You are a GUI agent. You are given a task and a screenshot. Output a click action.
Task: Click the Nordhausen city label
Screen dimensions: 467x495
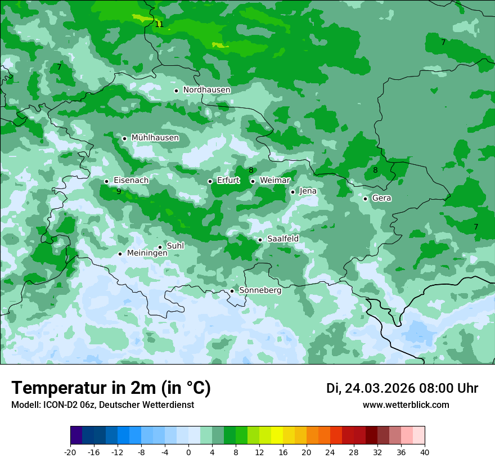pyautogui.click(x=206, y=90)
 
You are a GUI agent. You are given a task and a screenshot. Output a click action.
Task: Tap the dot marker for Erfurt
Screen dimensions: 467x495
pyautogui.click(x=210, y=181)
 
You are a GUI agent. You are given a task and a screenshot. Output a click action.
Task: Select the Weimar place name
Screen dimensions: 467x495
pyautogui.click(x=274, y=181)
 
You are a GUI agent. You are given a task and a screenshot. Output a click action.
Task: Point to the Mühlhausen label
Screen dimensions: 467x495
pyautogui.click(x=155, y=138)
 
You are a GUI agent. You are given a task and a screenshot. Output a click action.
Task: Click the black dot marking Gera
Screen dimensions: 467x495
pyautogui.click(x=365, y=199)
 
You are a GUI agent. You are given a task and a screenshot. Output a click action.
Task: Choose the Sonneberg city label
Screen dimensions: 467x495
pyautogui.click(x=260, y=290)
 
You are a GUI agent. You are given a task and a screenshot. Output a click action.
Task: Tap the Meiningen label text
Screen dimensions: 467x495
pyautogui.click(x=147, y=253)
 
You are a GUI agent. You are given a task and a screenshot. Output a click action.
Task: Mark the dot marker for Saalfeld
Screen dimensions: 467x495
pyautogui.click(x=260, y=240)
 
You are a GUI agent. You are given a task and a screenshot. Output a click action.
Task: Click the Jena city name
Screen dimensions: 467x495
pyautogui.click(x=308, y=191)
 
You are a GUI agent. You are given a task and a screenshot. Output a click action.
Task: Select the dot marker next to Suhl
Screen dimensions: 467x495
pyautogui.click(x=160, y=247)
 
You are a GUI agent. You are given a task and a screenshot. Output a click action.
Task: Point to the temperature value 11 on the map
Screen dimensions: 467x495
pyautogui.click(x=159, y=24)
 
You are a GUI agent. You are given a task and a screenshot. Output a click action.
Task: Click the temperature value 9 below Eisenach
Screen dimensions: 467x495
pyautogui.click(x=119, y=191)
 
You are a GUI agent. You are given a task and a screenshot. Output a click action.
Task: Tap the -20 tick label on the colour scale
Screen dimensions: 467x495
pyautogui.click(x=70, y=452)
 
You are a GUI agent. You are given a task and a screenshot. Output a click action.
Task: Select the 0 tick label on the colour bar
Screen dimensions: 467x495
pyautogui.click(x=188, y=452)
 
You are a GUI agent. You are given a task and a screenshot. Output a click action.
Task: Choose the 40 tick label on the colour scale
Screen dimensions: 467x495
pyautogui.click(x=425, y=452)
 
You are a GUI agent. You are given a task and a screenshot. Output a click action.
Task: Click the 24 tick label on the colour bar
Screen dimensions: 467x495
pyautogui.click(x=330, y=452)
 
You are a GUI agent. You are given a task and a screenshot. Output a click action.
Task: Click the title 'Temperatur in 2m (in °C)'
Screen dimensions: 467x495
pyautogui.click(x=111, y=388)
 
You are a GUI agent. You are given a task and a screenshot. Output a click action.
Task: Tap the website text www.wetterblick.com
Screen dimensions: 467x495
pyautogui.click(x=406, y=405)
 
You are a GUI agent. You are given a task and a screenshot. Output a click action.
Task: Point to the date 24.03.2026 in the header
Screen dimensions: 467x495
pyautogui.click(x=380, y=388)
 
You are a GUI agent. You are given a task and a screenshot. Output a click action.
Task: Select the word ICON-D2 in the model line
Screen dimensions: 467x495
pyautogui.click(x=57, y=405)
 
